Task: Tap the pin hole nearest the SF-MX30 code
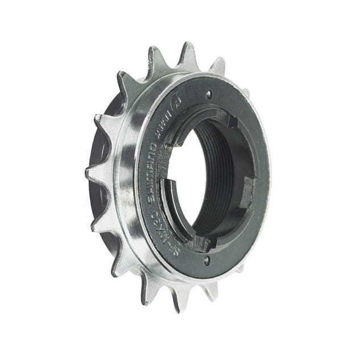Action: click(x=206, y=260)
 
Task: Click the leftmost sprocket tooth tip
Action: click(x=87, y=171)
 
